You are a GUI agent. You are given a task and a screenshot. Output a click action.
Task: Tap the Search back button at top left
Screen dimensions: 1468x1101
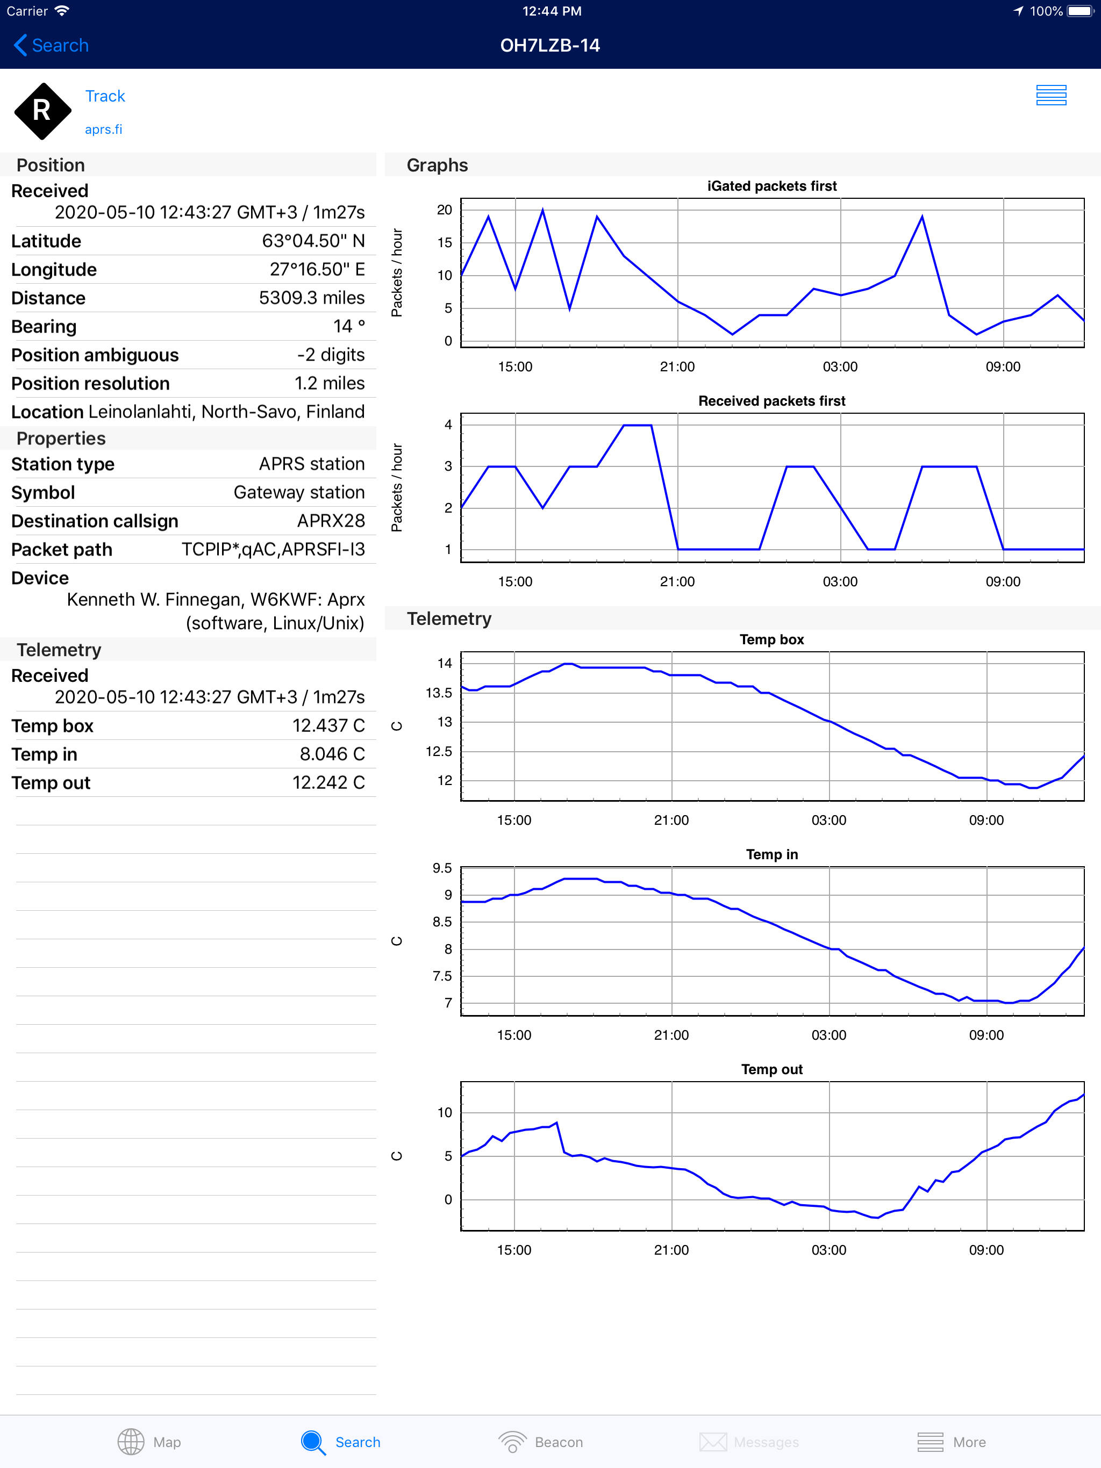51,45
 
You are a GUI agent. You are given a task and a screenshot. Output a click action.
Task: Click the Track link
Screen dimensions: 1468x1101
105,96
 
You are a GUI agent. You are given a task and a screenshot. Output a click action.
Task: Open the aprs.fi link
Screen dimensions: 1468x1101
104,129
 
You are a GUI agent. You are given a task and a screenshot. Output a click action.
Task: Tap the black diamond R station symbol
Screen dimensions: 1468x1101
42,111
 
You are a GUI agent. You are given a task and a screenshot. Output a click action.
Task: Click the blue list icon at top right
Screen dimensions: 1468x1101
1050,96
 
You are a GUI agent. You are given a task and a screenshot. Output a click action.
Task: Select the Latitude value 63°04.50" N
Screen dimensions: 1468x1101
313,241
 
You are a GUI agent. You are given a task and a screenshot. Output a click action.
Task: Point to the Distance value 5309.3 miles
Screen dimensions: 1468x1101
311,298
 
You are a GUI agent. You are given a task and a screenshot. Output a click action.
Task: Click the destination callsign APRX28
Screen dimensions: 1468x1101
331,521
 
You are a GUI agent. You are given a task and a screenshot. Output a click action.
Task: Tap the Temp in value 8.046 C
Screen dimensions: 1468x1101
332,754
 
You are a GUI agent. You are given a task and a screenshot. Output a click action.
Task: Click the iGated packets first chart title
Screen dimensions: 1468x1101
771,186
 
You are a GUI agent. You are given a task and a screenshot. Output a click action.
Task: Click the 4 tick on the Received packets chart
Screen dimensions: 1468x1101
448,424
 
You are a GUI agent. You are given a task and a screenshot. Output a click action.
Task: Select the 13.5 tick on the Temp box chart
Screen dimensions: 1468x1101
438,693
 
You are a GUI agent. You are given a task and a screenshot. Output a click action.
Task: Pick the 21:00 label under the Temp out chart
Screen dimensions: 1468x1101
671,1250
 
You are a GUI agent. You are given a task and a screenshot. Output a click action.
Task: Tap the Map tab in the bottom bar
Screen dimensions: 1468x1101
149,1442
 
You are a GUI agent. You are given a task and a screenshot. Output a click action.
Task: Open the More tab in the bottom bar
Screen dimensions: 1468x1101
951,1442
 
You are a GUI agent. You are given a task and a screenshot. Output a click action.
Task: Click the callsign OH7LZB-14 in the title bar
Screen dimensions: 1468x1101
550,45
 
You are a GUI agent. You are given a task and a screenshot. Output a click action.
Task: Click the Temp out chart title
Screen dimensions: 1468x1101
771,1069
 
